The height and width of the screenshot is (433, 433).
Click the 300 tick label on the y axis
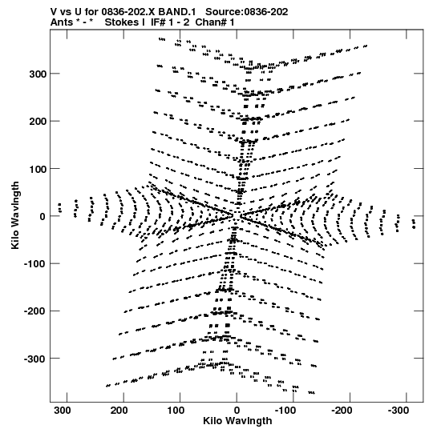click(x=38, y=74)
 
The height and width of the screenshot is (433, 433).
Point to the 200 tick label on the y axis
click(x=38, y=122)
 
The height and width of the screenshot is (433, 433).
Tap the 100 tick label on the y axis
click(x=38, y=169)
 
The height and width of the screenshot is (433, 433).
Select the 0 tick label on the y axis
click(x=42, y=216)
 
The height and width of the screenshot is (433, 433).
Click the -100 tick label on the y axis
click(x=35, y=264)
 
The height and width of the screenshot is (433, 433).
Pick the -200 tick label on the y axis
click(x=35, y=311)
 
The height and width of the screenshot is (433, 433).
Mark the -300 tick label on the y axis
click(x=35, y=359)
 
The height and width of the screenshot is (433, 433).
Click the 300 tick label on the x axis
click(x=63, y=411)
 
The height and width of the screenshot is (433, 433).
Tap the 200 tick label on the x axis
click(x=119, y=411)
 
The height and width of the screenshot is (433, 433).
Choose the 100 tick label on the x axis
click(x=176, y=411)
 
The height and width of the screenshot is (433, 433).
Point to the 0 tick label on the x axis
click(x=237, y=411)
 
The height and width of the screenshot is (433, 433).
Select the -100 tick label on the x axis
click(x=285, y=411)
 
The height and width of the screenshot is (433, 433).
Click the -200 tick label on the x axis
click(x=342, y=411)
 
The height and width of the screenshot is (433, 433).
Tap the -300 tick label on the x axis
click(x=399, y=411)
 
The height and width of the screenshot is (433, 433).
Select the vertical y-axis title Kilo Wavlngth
click(x=15, y=215)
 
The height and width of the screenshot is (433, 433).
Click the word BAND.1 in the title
click(x=180, y=12)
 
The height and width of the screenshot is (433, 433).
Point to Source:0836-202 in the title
click(x=247, y=12)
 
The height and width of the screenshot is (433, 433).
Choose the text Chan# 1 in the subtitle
click(x=215, y=22)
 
